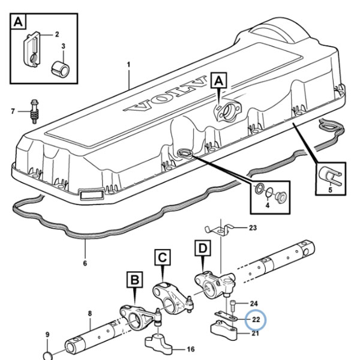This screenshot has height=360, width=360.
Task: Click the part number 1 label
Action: (x=128, y=65)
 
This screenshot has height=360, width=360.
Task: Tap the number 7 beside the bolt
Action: (x=13, y=112)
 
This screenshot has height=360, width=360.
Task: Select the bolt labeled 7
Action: (x=34, y=112)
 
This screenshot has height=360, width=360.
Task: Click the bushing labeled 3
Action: (x=60, y=68)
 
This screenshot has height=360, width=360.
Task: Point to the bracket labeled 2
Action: (x=32, y=49)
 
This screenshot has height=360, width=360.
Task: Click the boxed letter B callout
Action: (x=135, y=280)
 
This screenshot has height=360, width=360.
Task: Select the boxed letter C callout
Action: (x=163, y=257)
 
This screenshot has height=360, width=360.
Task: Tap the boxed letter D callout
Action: (x=203, y=248)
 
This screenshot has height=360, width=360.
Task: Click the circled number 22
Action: (x=256, y=320)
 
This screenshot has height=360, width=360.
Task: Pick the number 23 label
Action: (x=253, y=228)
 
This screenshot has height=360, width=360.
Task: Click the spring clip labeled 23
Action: (x=219, y=230)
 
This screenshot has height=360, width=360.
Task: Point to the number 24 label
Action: (x=254, y=304)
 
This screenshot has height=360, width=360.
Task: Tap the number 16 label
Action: (x=191, y=349)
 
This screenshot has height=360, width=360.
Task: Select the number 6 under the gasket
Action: (x=85, y=263)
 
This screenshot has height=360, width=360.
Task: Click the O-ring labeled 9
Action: (x=47, y=355)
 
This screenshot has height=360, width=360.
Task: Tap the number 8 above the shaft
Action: (x=90, y=313)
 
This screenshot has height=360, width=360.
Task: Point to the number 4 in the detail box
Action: (x=268, y=205)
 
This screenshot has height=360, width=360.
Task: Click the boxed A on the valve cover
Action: (x=219, y=80)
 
